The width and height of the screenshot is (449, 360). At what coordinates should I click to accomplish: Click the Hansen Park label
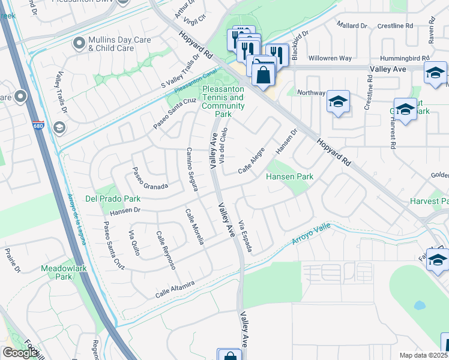click(291, 177)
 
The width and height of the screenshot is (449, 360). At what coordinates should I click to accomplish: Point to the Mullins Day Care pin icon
click(79, 43)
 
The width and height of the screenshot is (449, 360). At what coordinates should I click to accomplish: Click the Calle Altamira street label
click(175, 289)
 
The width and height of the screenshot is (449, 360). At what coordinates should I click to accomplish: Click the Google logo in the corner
click(20, 353)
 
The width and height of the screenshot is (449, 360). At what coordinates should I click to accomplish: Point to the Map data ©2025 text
click(424, 355)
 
